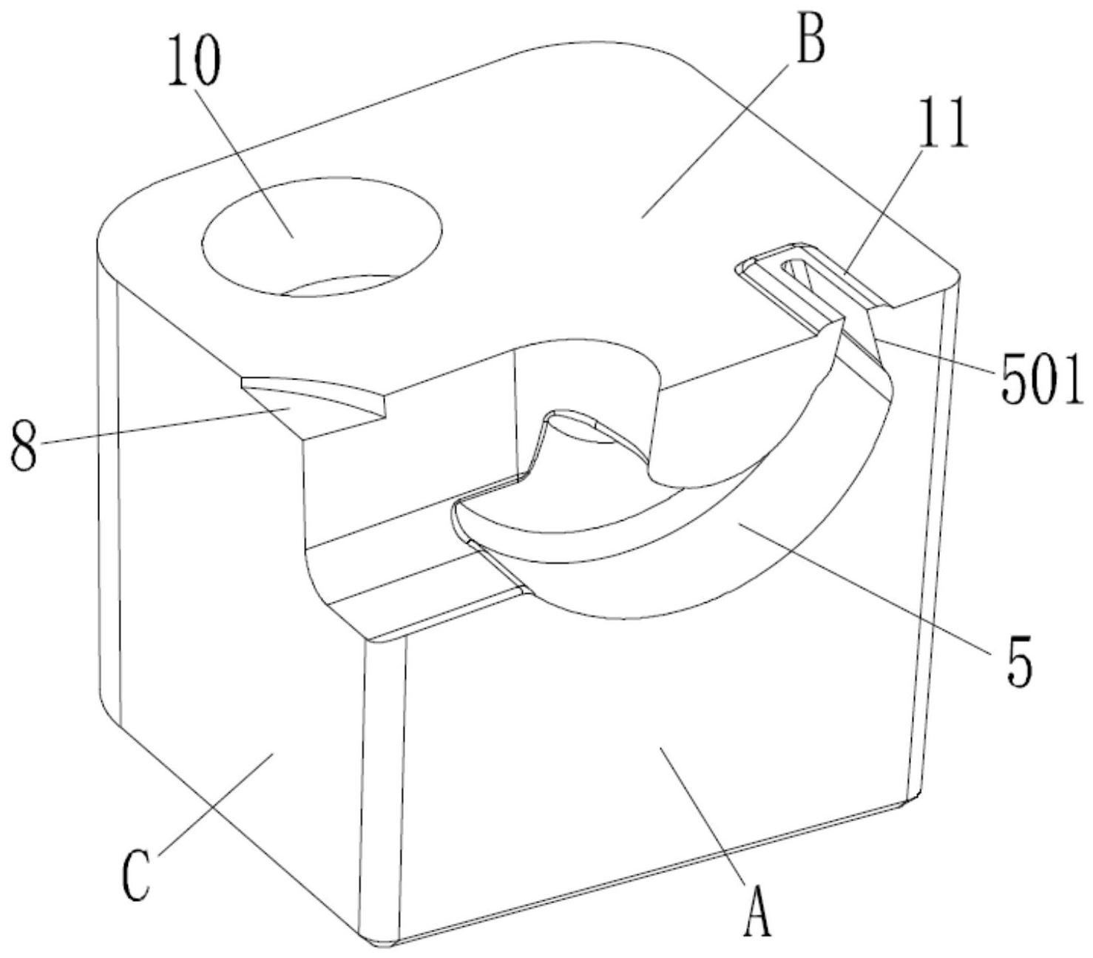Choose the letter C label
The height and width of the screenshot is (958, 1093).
coord(138,877)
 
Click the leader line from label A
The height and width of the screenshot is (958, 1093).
coord(703,814)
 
